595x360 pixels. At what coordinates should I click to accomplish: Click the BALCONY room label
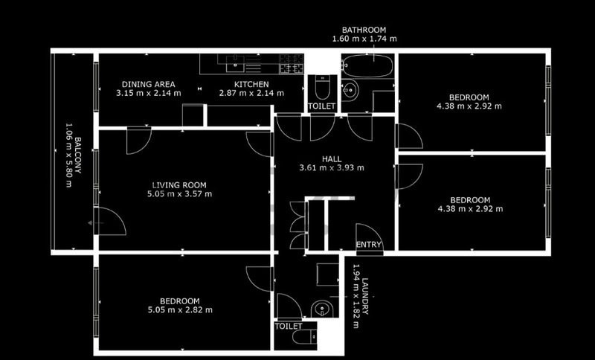tap(78, 155)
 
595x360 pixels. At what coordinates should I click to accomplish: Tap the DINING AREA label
tap(148, 84)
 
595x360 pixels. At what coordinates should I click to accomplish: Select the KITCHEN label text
tap(251, 84)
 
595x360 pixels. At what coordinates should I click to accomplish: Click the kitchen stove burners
tap(292, 63)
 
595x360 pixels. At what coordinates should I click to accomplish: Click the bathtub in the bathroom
tap(367, 66)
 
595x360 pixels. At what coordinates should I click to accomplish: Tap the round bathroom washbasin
tap(350, 90)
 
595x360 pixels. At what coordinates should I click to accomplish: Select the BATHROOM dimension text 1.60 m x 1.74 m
tap(364, 39)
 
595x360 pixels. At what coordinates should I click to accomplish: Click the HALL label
tap(332, 159)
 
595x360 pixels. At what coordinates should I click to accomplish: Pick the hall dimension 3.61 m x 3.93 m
tap(332, 167)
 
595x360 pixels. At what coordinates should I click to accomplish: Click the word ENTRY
tap(368, 245)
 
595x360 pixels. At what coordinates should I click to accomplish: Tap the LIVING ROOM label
tap(179, 185)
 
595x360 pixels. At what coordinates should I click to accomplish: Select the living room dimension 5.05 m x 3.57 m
tap(179, 194)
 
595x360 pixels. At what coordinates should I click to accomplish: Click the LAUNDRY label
tap(365, 296)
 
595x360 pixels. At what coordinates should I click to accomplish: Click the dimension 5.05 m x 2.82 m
tap(180, 310)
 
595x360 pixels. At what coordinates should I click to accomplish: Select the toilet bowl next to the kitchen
tap(322, 87)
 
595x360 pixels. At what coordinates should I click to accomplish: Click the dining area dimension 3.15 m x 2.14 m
tap(148, 93)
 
